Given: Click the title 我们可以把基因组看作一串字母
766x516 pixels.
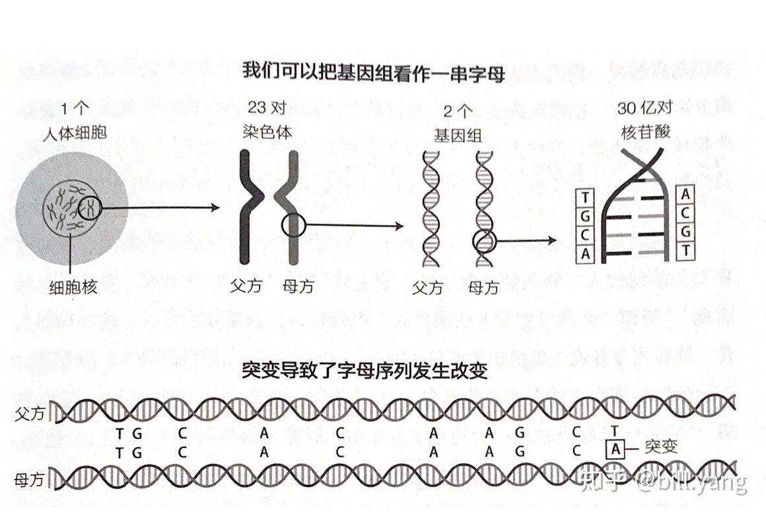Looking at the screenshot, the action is click(373, 71).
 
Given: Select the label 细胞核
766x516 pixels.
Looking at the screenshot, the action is click(73, 287).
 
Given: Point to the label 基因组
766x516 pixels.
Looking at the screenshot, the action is click(458, 135).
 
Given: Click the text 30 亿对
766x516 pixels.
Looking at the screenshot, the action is click(644, 109).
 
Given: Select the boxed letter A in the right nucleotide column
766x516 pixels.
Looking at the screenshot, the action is click(685, 195).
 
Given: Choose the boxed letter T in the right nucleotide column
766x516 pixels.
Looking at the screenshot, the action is click(685, 251).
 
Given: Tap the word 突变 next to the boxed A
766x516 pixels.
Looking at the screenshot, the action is click(660, 447).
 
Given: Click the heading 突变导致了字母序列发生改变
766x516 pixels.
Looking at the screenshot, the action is click(365, 371).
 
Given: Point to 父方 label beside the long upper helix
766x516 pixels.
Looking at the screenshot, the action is click(30, 414).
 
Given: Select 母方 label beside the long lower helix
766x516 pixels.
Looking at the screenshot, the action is click(30, 480).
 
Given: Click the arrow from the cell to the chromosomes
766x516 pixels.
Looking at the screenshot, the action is click(162, 209).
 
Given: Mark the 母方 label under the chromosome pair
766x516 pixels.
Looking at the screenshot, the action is click(298, 287).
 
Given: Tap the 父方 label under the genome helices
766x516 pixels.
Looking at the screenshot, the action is click(428, 288).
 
